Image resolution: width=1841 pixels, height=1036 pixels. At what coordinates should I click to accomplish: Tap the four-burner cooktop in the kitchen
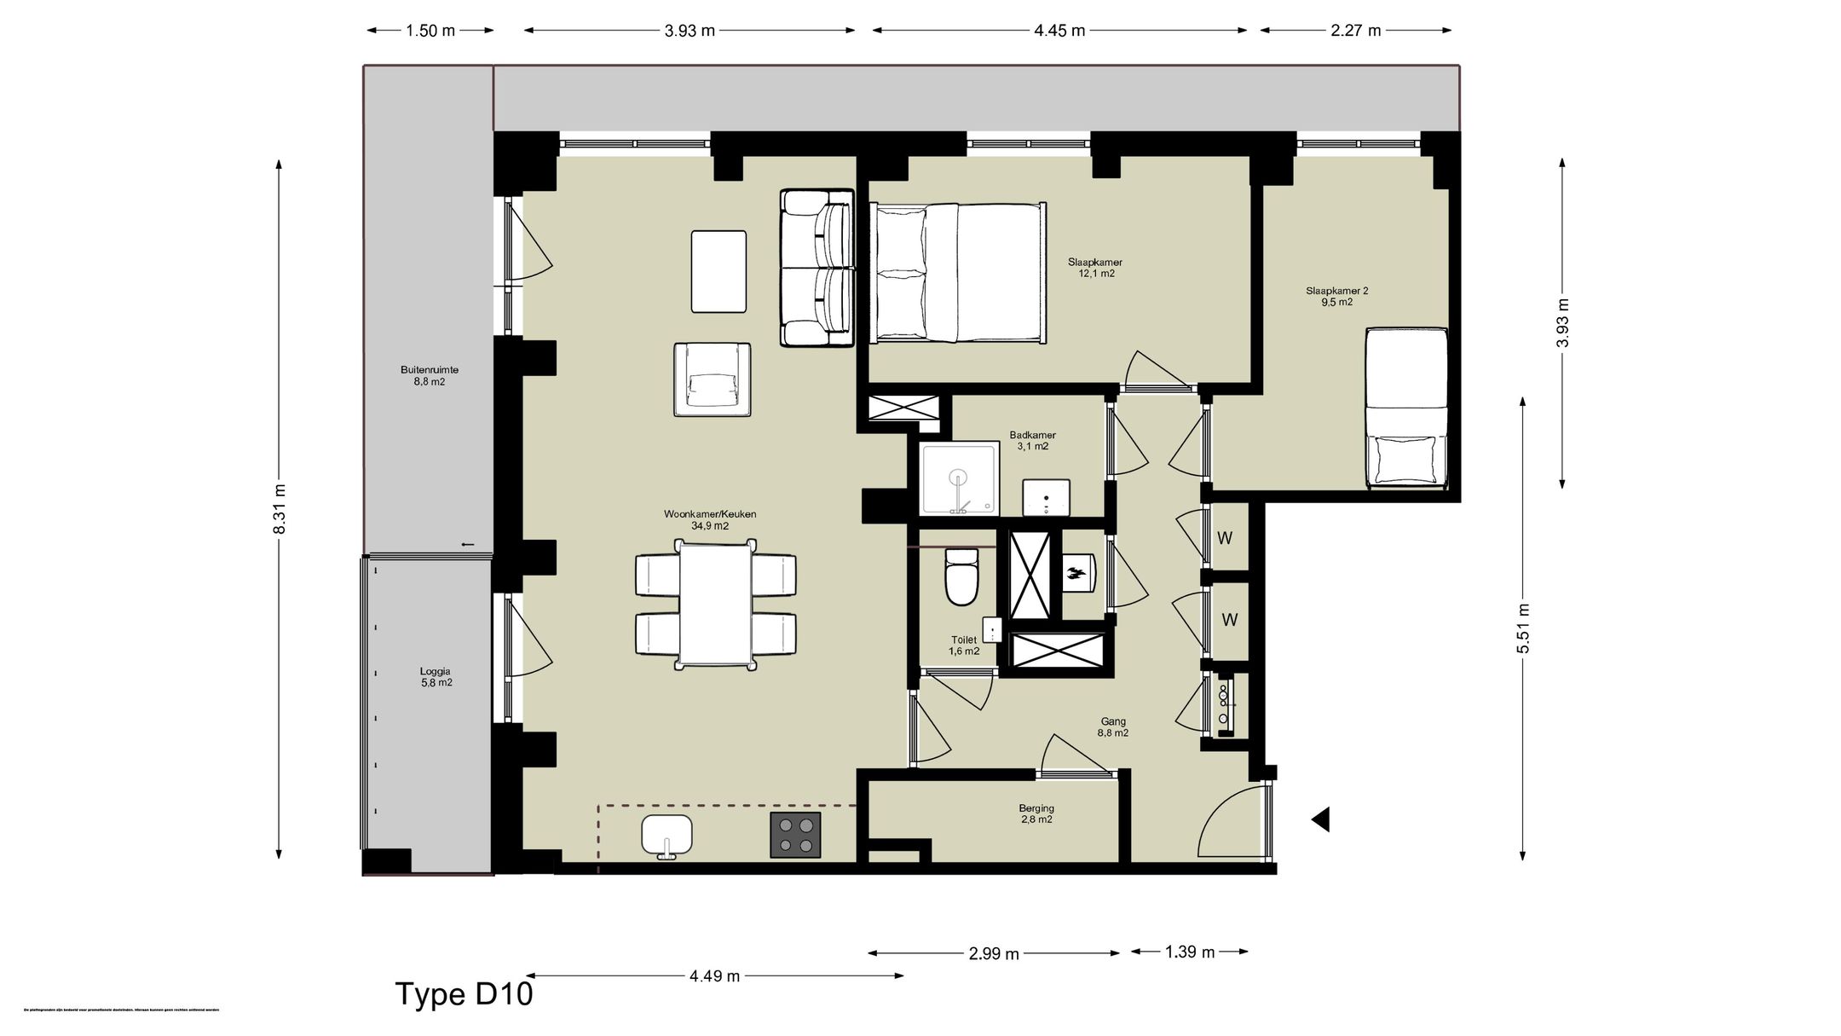point(795,835)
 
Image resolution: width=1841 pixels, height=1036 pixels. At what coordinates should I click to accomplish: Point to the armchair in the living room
point(712,380)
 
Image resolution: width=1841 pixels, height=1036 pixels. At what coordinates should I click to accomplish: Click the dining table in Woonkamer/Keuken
point(716,605)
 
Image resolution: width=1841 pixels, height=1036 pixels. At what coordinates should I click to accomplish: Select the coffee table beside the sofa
point(719,271)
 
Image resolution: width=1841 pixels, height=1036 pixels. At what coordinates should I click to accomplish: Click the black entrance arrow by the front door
point(1320,819)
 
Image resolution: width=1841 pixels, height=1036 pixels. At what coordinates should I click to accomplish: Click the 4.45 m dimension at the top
point(1059,31)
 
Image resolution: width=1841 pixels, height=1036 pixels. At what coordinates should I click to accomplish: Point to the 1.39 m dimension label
point(1190,952)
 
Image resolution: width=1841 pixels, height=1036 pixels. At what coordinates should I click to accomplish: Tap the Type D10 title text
point(464,994)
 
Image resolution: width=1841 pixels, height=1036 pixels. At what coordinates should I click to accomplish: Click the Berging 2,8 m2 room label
point(1036,813)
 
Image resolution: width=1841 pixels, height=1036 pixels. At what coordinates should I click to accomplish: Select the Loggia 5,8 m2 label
point(436,677)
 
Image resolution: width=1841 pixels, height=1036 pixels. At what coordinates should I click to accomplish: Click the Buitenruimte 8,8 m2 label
point(430,376)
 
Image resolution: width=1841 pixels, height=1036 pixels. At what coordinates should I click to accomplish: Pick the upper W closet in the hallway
point(1225,538)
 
